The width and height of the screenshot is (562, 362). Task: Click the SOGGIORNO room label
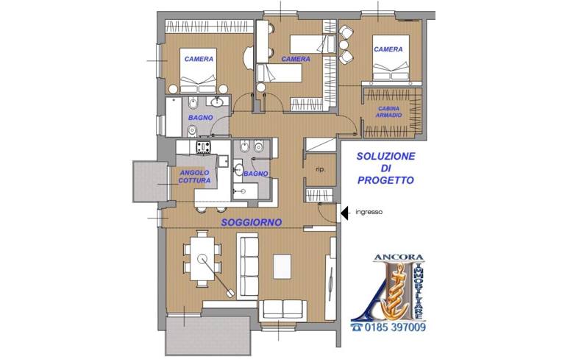[x=252, y=223]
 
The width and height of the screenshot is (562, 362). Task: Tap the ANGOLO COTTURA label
[x=194, y=177]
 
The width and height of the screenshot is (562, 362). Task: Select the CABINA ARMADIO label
[x=389, y=112]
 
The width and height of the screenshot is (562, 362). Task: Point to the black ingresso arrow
[x=344, y=213]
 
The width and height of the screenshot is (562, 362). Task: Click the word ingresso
[x=369, y=212]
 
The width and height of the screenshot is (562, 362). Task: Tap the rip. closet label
[x=321, y=169]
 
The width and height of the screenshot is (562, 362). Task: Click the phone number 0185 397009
[x=395, y=327]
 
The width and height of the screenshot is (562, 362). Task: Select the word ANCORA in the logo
[x=399, y=258]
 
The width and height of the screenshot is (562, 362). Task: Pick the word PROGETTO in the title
[x=385, y=180]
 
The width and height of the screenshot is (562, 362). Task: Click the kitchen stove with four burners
[x=203, y=147]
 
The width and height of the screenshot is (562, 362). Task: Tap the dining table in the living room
[x=202, y=259]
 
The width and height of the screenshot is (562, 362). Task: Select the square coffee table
[x=282, y=266]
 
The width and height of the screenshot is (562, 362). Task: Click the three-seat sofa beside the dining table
[x=248, y=266]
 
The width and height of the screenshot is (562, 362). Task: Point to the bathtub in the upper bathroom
[x=174, y=116]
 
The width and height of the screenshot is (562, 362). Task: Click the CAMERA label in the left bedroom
[x=199, y=59]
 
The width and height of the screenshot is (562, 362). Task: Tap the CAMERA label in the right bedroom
[x=388, y=49]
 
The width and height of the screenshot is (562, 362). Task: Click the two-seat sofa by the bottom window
[x=282, y=310]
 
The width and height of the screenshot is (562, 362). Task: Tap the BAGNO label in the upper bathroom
[x=201, y=118]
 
